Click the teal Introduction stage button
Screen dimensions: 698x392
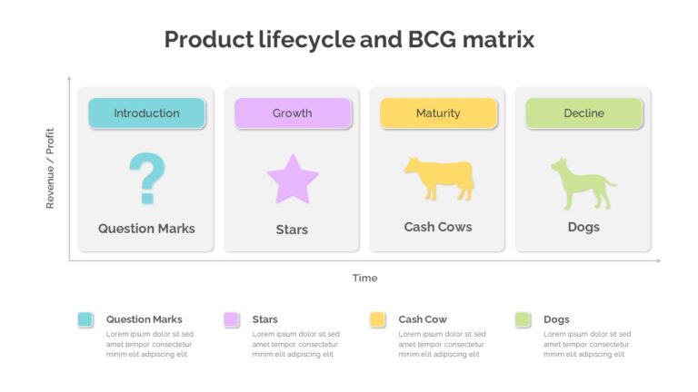pos(146,113)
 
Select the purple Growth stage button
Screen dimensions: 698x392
pos(293,113)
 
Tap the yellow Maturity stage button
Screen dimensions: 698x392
pos(438,113)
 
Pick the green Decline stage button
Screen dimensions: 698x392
pos(584,113)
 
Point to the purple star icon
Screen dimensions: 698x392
pos(293,180)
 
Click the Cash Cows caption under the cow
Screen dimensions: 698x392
pos(438,227)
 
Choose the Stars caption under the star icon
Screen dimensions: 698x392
pos(292,230)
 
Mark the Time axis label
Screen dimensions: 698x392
pos(365,278)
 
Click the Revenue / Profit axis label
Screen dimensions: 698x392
pos(50,169)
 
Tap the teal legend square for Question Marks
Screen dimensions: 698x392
pos(85,319)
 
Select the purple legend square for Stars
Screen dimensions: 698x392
pos(231,319)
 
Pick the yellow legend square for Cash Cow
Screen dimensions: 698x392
pos(377,319)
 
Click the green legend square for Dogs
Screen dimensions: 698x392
pos(523,319)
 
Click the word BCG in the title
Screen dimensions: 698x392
pos(433,39)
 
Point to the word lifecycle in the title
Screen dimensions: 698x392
pos(307,40)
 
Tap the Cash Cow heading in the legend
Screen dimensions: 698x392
pos(423,319)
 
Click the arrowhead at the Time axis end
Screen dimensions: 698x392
pos(659,261)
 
